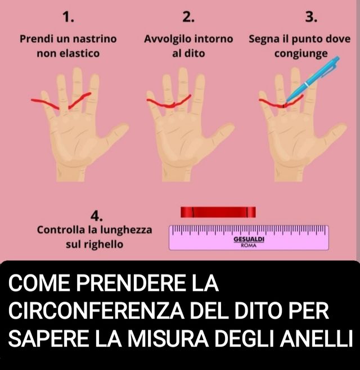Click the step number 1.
[x=69, y=17]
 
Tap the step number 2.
[x=188, y=17]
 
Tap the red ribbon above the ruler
[x=218, y=212]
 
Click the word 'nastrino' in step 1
[x=94, y=39]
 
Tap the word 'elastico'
[x=80, y=53]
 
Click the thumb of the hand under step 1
[x=116, y=134]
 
